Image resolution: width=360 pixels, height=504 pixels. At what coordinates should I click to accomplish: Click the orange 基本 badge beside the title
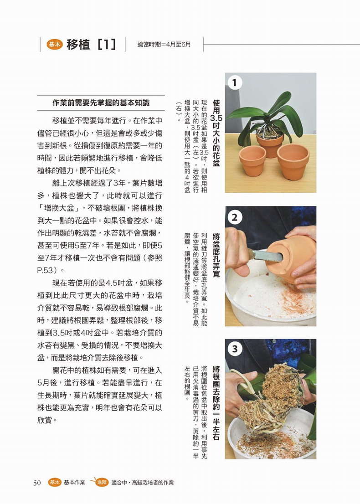(54, 44)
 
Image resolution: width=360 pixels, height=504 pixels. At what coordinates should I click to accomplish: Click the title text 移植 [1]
(91, 44)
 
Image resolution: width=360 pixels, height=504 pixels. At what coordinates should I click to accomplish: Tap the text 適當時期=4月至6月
(164, 45)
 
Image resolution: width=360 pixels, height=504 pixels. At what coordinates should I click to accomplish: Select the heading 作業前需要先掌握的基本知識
(101, 103)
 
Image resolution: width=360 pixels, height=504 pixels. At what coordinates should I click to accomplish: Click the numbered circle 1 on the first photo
(234, 82)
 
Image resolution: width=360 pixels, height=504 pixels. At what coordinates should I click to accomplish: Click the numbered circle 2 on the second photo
(234, 217)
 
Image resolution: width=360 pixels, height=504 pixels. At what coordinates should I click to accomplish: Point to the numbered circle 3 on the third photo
(234, 349)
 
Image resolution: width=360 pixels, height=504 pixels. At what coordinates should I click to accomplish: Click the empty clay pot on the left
(252, 160)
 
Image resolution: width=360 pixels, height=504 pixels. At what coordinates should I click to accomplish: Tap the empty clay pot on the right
(293, 161)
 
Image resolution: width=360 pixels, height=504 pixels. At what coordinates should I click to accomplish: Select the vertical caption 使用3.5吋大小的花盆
(216, 133)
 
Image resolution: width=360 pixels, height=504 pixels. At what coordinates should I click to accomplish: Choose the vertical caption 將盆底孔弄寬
(216, 255)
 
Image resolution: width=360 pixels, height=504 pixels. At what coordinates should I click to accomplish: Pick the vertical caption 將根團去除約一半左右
(216, 403)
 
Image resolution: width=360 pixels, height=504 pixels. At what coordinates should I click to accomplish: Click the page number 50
(37, 483)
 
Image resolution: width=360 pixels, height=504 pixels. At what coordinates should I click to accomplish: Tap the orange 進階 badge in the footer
(102, 482)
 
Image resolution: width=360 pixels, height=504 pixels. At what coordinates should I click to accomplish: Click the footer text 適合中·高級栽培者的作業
(142, 483)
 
